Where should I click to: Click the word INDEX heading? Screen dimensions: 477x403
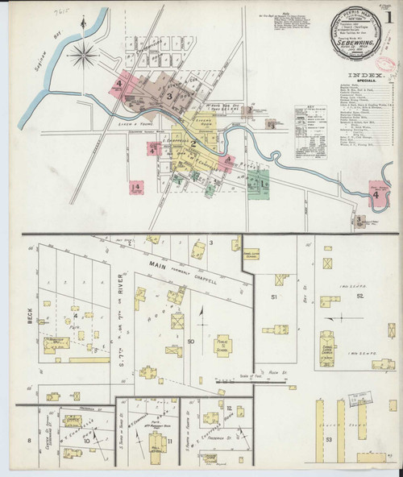coord(355,74)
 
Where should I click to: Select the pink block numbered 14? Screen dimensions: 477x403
coord(136,187)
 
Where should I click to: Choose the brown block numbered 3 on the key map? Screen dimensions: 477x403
coord(169,96)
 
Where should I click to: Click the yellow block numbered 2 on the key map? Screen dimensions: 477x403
coord(193,145)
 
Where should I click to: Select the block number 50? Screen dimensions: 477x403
coord(191,342)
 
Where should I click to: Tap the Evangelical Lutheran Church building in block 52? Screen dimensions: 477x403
coord(329,343)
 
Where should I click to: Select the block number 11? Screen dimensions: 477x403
coord(172,442)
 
